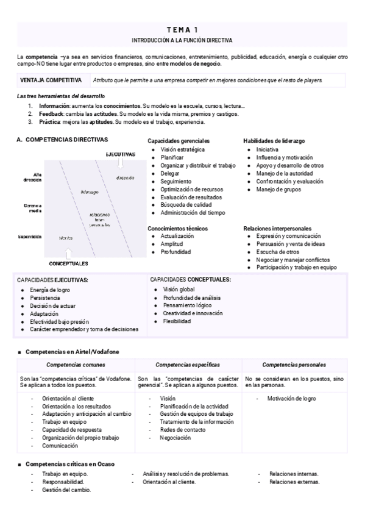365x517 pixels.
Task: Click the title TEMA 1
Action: click(x=182, y=29)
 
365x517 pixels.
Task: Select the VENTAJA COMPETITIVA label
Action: click(x=51, y=80)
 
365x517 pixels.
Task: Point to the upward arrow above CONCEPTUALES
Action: click(x=68, y=253)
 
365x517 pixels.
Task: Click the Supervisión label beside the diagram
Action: click(x=29, y=237)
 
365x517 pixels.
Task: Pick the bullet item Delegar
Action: click(x=171, y=173)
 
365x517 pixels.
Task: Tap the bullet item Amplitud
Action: click(x=173, y=243)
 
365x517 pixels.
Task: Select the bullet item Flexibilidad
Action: click(x=177, y=321)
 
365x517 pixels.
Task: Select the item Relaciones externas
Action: click(x=293, y=482)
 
